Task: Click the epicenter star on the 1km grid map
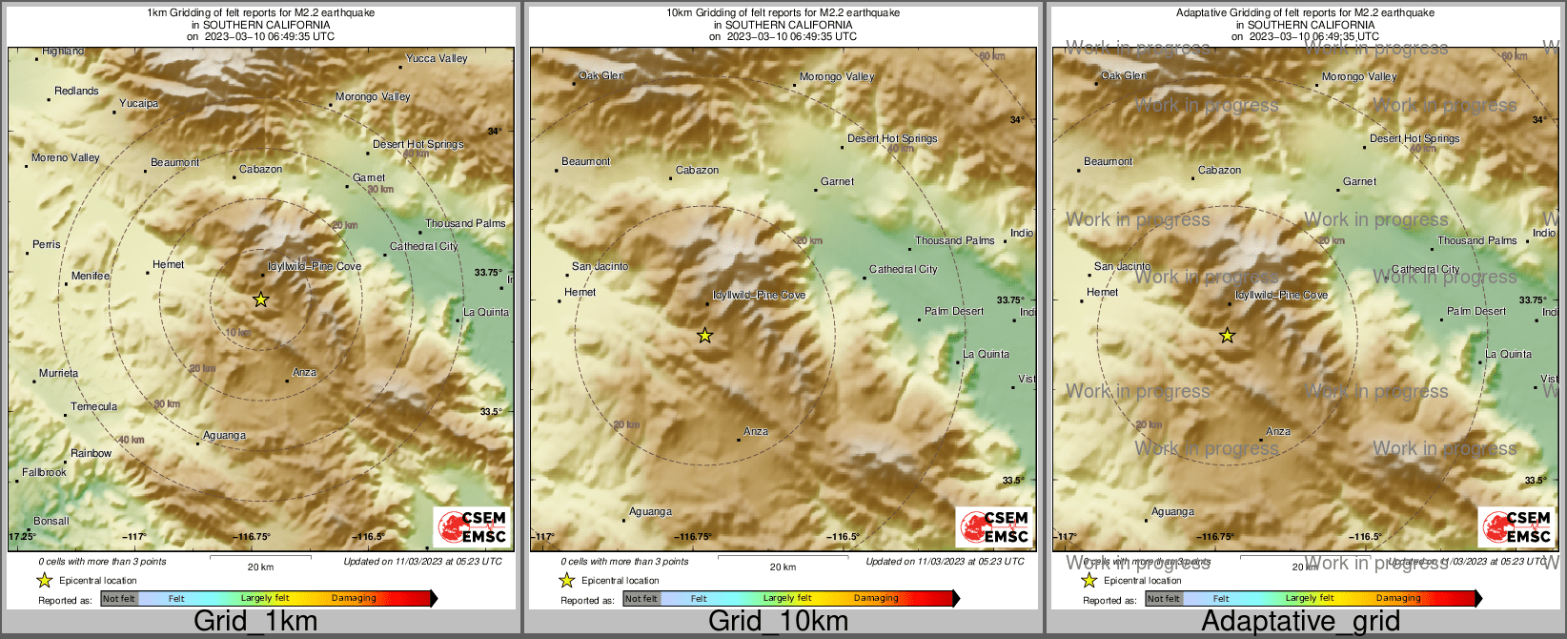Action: tap(261, 299)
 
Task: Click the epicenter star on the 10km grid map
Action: tap(704, 335)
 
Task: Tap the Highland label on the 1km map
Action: tap(63, 52)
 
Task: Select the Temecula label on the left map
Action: tap(94, 407)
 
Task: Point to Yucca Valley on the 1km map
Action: tap(437, 59)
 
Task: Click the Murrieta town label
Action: tap(59, 374)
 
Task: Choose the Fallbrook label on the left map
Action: tap(45, 473)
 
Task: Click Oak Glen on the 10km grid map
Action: tap(602, 76)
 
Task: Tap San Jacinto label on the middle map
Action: tap(600, 267)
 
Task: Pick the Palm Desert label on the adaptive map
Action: tap(1476, 312)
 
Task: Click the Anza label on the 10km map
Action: tap(756, 432)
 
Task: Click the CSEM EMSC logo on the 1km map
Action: tap(472, 527)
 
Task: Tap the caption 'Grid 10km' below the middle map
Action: tap(778, 622)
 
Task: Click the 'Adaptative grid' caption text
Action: tap(1300, 622)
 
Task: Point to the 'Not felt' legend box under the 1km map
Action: tap(119, 599)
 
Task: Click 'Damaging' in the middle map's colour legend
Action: tap(876, 599)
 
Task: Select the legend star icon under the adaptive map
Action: tap(1089, 580)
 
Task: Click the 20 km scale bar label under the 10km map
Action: tap(783, 567)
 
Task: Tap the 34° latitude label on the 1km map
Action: tap(495, 132)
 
